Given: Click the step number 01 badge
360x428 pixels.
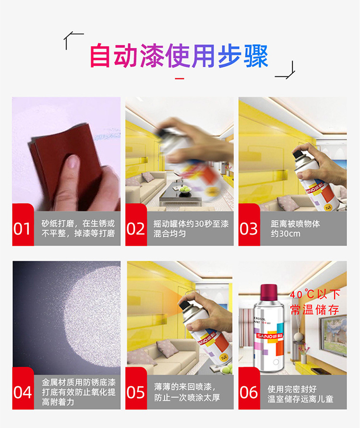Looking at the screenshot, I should pyautogui.click(x=22, y=228).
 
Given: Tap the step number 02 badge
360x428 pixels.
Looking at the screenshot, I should pyautogui.click(x=135, y=228).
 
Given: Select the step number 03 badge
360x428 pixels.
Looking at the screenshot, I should pyautogui.click(x=249, y=228).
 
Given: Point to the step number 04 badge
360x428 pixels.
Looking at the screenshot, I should pyautogui.click(x=22, y=392).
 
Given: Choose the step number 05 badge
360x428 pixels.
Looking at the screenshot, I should pyautogui.click(x=135, y=392).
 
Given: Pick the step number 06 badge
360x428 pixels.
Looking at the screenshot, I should pyautogui.click(x=249, y=392).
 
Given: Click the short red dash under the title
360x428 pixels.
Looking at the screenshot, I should pyautogui.click(x=180, y=78).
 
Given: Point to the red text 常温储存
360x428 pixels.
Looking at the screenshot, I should pyautogui.click(x=314, y=309).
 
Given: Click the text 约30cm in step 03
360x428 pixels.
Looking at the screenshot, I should pyautogui.click(x=286, y=234).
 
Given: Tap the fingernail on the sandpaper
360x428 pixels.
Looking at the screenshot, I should pyautogui.click(x=72, y=162).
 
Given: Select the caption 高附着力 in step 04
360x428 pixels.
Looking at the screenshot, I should pyautogui.click(x=58, y=402).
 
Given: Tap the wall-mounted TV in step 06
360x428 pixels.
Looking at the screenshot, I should pyautogui.click(x=332, y=332).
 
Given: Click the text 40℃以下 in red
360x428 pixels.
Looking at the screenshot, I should pyautogui.click(x=315, y=294).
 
